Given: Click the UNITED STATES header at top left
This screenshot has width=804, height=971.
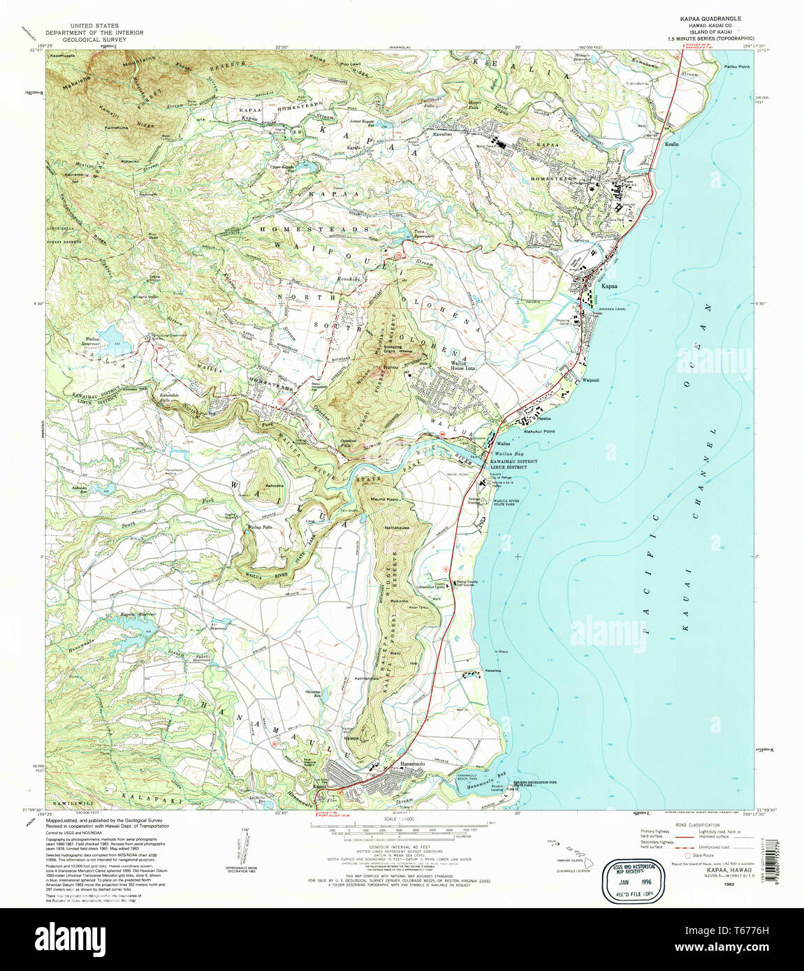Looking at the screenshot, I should pyautogui.click(x=94, y=26).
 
